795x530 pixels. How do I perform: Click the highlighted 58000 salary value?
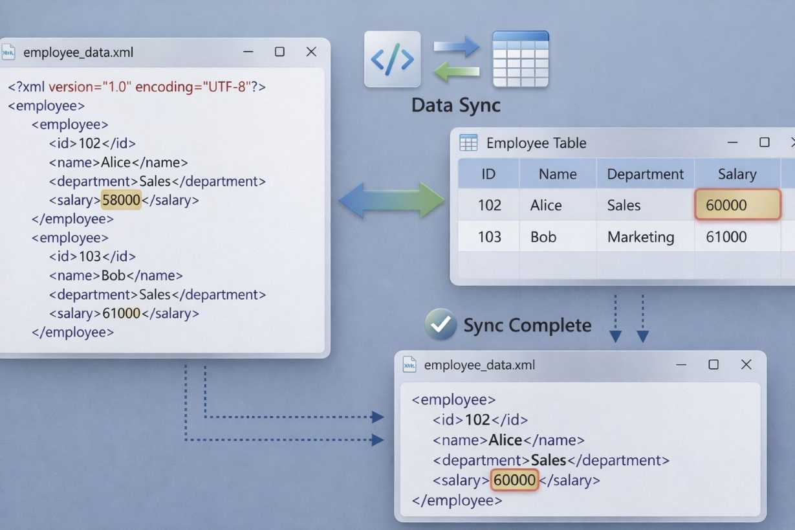pos(121,200)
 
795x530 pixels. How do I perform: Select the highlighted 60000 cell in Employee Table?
pos(737,204)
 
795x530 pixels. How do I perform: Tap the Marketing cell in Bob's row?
pos(640,237)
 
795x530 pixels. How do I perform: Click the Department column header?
pos(645,174)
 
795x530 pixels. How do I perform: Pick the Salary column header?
pos(737,174)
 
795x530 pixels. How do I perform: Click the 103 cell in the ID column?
pos(490,237)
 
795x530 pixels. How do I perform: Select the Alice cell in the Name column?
pos(546,205)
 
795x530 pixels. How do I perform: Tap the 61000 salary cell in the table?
pos(726,237)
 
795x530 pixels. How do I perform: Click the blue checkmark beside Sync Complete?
pos(441,324)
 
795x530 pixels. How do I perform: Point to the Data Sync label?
pos(455,105)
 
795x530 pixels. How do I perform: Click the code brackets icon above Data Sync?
pos(393,60)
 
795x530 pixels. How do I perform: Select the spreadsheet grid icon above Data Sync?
pos(521,59)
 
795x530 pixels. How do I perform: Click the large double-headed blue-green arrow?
pos(391,200)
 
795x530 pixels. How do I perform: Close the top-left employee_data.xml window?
pos(311,52)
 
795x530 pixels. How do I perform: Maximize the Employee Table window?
pos(765,142)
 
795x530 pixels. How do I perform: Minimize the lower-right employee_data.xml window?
pos(681,364)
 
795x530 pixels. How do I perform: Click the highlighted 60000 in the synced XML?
pos(514,480)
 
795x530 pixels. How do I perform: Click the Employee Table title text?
pos(536,143)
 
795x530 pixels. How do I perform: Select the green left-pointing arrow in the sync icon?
pos(457,72)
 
